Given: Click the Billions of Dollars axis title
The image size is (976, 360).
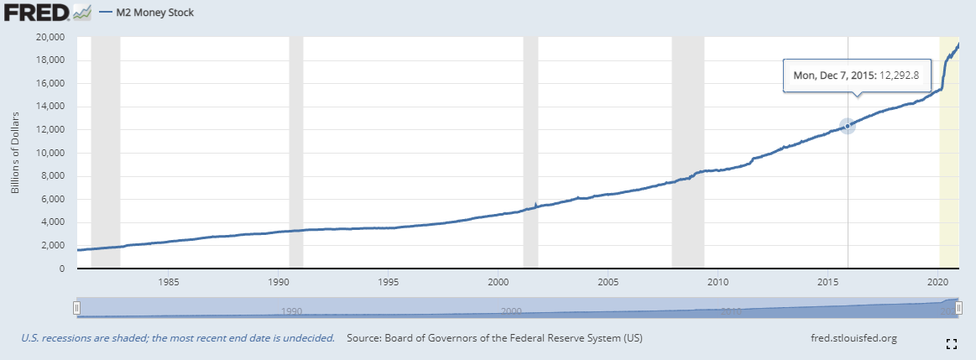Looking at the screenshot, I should [15, 152].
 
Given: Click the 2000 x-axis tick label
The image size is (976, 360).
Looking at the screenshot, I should [498, 280].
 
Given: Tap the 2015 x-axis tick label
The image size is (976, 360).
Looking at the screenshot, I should [827, 280].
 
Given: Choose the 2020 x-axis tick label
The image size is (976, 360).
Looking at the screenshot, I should [938, 280].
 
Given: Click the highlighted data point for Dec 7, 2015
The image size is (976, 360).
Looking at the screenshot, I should [848, 126].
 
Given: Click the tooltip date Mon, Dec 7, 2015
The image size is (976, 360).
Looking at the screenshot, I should [834, 75].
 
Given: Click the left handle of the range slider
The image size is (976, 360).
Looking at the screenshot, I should [76, 308].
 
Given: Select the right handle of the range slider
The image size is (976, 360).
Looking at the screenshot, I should [958, 308].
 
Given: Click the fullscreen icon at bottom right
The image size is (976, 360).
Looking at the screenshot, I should [952, 343].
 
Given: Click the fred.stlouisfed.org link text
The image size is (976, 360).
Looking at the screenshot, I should [850, 338].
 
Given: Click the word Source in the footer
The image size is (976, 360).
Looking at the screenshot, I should [365, 338].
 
